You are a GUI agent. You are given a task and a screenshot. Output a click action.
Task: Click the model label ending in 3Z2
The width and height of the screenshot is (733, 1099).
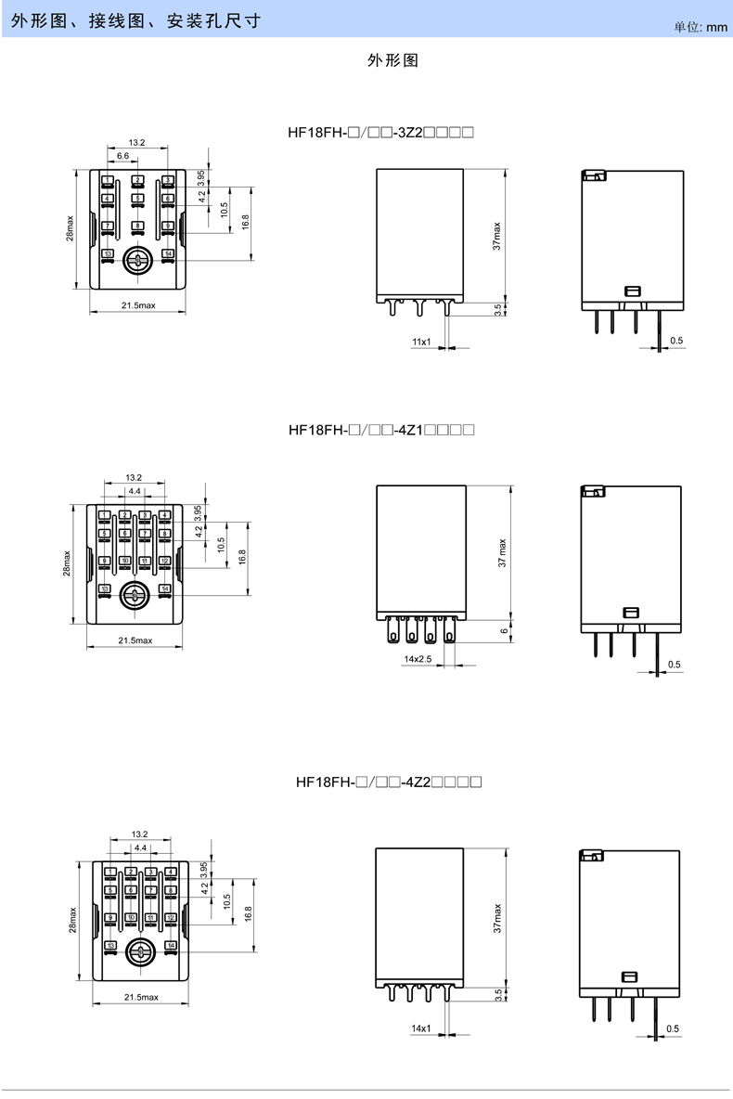tap(381, 133)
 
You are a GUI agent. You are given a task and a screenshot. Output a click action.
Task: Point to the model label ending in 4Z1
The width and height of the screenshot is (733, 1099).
tap(381, 431)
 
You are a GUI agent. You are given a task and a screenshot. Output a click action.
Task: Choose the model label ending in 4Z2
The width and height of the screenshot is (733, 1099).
tap(388, 782)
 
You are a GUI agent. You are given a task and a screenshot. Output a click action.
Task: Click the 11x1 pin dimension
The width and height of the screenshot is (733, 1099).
tap(421, 342)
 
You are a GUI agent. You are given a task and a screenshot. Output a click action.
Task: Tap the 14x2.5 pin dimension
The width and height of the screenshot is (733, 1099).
tap(418, 658)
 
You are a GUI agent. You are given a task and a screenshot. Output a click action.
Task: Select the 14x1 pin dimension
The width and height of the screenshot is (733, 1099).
tap(420, 1028)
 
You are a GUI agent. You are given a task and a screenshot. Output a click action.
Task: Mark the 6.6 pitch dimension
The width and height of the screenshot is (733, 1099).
tap(122, 157)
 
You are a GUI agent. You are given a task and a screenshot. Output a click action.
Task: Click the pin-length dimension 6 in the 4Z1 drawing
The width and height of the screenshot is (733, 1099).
tap(503, 631)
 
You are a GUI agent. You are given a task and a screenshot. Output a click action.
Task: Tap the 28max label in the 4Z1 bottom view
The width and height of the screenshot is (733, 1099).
tap(67, 563)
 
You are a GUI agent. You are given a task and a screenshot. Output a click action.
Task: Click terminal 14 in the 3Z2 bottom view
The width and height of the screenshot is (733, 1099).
tap(168, 252)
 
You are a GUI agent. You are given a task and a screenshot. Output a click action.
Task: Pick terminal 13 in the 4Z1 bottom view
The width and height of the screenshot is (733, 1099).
tap(105, 588)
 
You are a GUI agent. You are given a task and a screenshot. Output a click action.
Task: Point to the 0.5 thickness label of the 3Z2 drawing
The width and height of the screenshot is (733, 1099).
tap(676, 342)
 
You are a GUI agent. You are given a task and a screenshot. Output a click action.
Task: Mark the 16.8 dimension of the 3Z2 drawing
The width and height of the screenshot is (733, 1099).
tap(245, 223)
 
